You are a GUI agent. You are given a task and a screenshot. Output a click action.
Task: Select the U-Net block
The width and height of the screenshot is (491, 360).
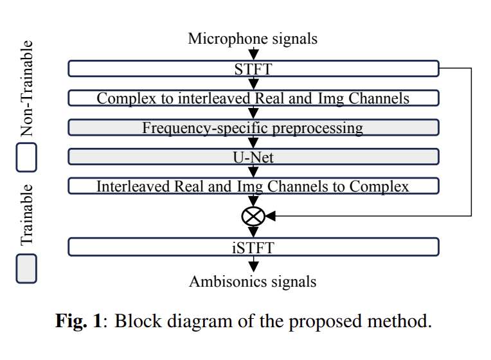(253, 157)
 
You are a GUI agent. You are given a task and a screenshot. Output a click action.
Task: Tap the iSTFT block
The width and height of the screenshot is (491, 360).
(253, 247)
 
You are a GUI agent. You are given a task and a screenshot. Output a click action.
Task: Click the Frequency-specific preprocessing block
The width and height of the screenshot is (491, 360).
(253, 127)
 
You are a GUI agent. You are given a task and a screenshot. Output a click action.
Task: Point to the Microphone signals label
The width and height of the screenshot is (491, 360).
(253, 39)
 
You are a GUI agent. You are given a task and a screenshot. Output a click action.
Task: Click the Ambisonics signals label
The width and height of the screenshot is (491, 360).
(253, 282)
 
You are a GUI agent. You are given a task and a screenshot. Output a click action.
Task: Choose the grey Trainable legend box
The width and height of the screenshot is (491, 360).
(26, 268)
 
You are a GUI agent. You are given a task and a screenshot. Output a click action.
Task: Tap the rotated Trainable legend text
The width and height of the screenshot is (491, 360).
(26, 215)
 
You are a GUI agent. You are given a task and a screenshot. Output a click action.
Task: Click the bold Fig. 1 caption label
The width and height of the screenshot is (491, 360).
(78, 321)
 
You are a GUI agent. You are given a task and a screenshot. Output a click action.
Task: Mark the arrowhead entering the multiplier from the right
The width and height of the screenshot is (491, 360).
(271, 217)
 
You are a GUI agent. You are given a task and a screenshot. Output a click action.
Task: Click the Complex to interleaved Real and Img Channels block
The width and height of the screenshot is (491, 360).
(253, 98)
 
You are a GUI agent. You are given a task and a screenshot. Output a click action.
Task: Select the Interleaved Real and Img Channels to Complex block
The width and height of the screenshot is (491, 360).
(253, 186)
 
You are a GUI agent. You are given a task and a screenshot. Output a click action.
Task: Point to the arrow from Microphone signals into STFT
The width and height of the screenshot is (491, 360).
(253, 54)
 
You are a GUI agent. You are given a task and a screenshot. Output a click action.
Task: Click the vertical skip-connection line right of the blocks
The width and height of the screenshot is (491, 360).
(471, 141)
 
